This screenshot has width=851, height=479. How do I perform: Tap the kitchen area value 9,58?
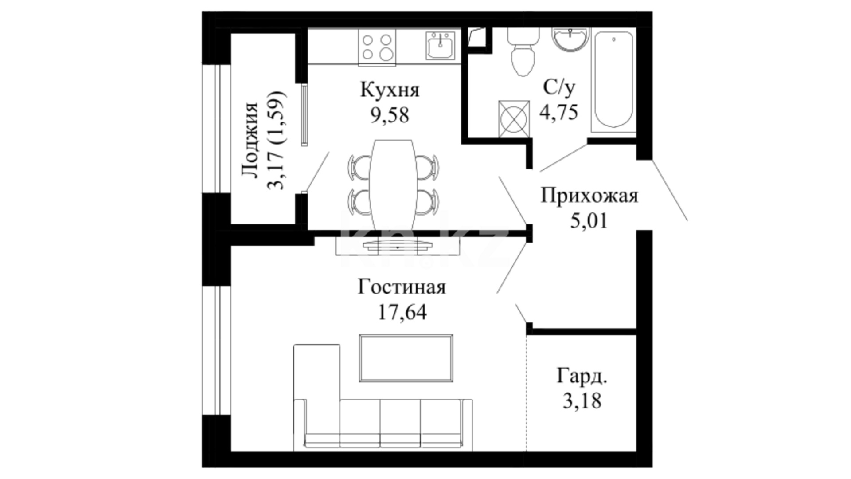tap(390, 115)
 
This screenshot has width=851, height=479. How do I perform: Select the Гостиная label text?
tap(402, 287)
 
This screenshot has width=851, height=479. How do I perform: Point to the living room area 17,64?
tap(402, 312)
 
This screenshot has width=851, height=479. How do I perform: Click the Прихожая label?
tap(589, 196)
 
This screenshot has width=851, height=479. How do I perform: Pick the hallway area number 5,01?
tap(589, 220)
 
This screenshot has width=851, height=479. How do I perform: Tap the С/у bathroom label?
tap(559, 88)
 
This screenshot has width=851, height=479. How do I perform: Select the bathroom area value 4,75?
tap(558, 112)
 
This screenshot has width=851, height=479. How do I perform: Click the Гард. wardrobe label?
tap(582, 376)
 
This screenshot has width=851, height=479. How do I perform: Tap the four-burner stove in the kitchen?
tap(377, 47)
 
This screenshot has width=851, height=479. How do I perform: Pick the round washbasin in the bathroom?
tap(570, 39)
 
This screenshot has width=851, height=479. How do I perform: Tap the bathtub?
tap(613, 81)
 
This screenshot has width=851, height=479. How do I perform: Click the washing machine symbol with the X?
tap(514, 118)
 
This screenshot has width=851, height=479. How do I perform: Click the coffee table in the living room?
tap(406, 358)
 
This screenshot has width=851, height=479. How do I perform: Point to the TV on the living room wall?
tap(398, 246)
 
